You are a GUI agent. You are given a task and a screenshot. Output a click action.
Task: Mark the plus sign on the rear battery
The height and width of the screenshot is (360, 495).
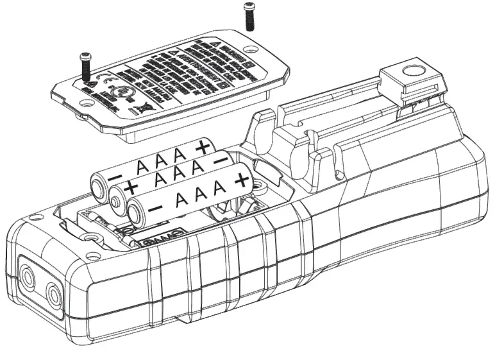204,146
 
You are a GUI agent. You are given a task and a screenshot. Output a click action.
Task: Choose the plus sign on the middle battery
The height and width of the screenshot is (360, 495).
131,187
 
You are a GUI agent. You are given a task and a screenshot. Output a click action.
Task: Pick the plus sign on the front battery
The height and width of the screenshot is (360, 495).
240,182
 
